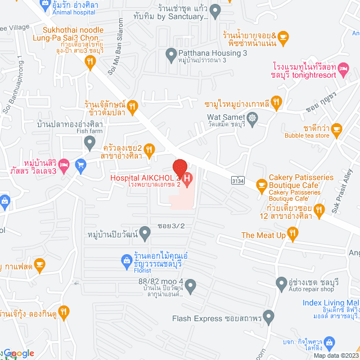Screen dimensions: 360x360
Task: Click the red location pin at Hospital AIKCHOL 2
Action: (179, 168)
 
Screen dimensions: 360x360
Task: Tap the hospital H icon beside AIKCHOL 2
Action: (188, 179)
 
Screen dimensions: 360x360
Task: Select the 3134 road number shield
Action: (238, 180)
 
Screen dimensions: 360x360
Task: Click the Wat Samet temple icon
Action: (253, 119)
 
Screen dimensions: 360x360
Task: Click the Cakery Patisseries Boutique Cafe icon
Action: (261, 184)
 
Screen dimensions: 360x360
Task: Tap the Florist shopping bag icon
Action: (127, 259)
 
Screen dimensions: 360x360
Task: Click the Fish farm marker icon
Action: (89, 144)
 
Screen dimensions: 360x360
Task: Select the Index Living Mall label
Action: (328, 304)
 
